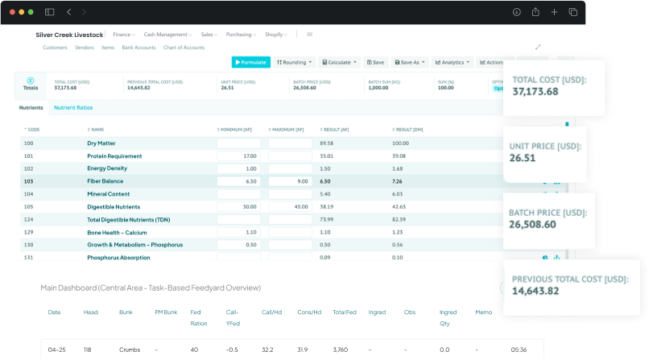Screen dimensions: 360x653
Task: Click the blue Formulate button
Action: (x=250, y=62)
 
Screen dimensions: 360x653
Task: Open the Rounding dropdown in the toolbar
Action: (x=293, y=62)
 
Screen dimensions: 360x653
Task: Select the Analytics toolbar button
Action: (x=453, y=62)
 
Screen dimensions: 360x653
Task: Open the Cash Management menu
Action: (x=167, y=35)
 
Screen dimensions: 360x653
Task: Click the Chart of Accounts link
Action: (x=184, y=48)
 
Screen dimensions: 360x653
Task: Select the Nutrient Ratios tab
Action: (x=72, y=107)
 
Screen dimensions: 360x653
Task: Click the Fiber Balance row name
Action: (x=105, y=181)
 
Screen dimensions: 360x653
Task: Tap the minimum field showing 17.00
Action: (x=238, y=156)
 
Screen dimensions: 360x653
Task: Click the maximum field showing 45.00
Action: (x=290, y=207)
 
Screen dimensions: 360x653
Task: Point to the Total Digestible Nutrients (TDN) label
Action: (x=129, y=219)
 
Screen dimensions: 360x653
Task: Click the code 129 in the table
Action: (x=29, y=232)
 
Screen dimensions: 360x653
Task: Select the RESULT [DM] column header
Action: (x=410, y=130)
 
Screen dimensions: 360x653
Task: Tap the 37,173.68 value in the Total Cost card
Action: (x=535, y=92)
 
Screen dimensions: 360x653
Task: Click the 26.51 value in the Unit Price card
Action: (x=523, y=158)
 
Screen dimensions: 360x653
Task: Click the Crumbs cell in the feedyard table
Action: (x=130, y=350)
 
